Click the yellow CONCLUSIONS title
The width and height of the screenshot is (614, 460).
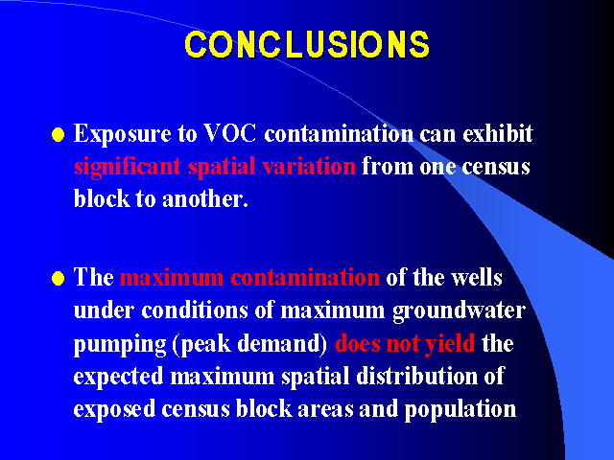(x=307, y=44)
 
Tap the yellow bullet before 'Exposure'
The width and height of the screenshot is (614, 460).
(x=58, y=134)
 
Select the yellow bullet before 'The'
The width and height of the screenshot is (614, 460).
(x=58, y=279)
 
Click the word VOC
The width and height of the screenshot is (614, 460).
(x=230, y=133)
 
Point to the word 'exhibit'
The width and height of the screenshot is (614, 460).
(x=498, y=133)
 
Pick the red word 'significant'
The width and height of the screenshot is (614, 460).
(x=128, y=167)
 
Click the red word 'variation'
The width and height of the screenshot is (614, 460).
(x=309, y=166)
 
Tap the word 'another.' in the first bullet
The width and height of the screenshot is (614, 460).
(x=205, y=198)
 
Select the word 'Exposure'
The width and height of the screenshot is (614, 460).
(x=122, y=134)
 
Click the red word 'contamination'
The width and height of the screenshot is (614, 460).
(x=305, y=278)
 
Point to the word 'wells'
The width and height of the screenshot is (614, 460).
(x=477, y=278)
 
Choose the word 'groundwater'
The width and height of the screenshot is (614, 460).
(x=459, y=311)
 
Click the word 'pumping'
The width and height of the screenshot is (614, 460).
(x=120, y=345)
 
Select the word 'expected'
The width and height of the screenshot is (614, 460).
(x=118, y=377)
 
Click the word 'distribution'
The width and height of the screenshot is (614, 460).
(x=416, y=376)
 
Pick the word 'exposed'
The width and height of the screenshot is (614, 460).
(x=114, y=410)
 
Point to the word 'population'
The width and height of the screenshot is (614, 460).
(x=460, y=410)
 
